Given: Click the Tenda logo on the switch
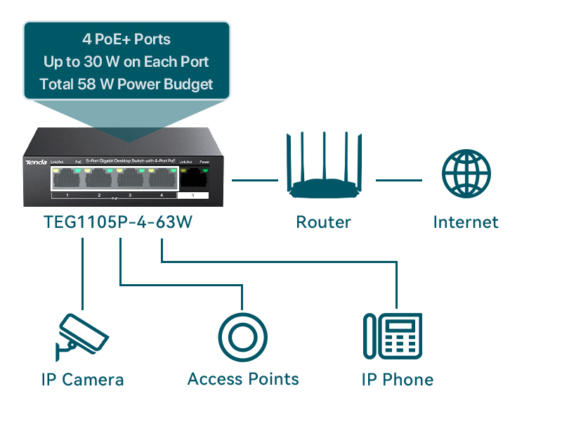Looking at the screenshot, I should click(x=37, y=162).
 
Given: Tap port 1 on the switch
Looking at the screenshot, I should click(x=67, y=180).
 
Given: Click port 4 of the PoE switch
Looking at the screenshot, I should click(x=162, y=180).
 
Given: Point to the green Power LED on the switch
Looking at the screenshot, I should click(x=205, y=170).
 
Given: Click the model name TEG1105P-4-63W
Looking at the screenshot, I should click(x=118, y=222).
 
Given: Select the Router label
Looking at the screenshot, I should click(x=323, y=222).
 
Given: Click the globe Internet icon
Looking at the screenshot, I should click(x=466, y=173).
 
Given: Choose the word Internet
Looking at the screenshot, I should click(x=466, y=222).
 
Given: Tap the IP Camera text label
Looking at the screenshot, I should click(x=82, y=380).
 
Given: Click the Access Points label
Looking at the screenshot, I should click(x=243, y=379).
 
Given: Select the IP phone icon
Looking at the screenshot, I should click(x=393, y=337).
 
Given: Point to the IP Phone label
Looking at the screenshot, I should click(x=398, y=380).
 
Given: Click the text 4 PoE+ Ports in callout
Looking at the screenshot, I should click(x=126, y=39).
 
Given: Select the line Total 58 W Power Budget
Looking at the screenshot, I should click(x=126, y=85).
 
